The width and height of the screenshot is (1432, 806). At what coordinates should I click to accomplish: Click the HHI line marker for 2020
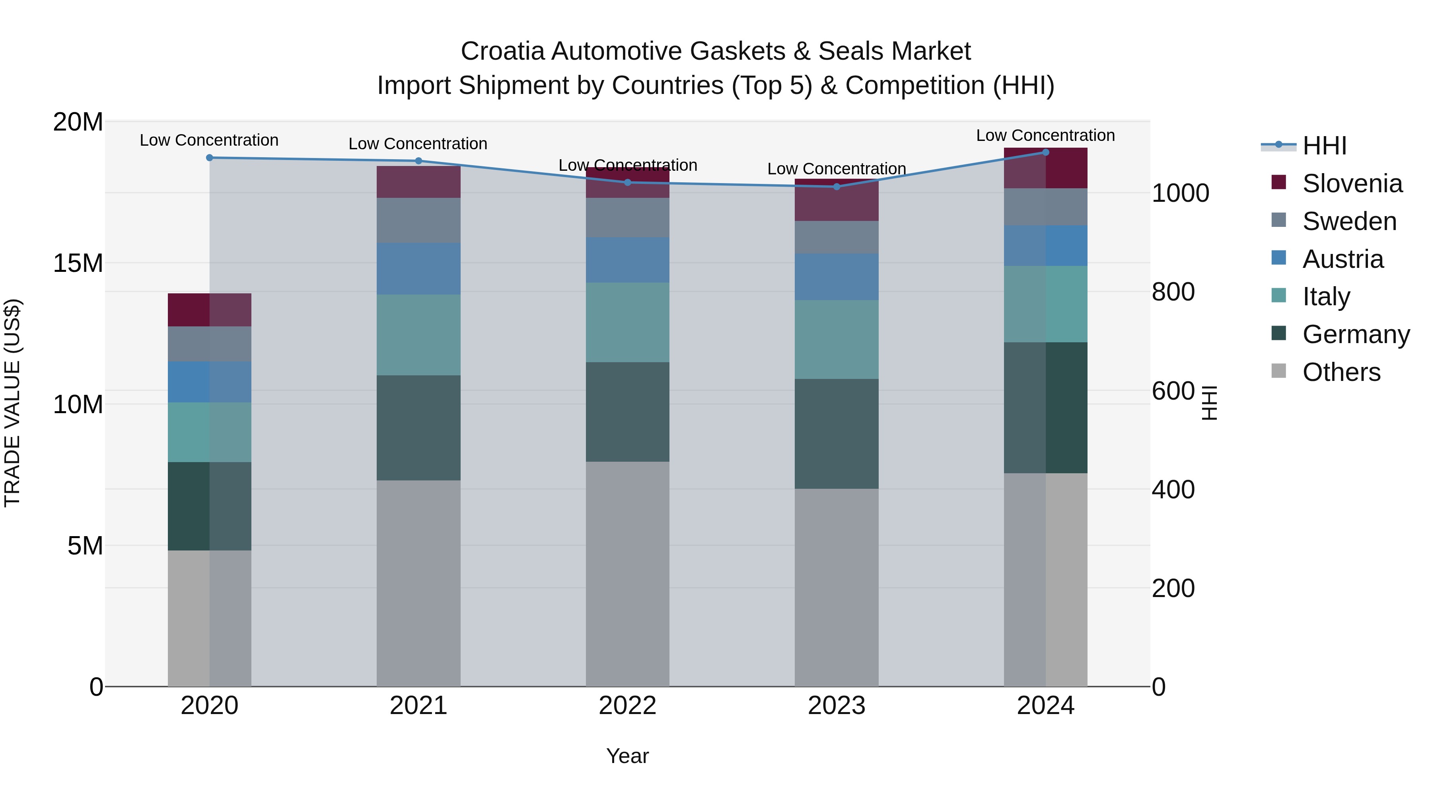click(210, 158)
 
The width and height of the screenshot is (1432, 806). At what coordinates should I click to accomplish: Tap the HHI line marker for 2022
click(628, 182)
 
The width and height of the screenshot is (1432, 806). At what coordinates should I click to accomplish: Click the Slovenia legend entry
click(1352, 183)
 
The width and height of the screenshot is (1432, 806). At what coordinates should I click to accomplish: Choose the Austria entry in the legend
click(1342, 259)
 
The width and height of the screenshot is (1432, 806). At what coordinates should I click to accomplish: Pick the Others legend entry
click(1341, 372)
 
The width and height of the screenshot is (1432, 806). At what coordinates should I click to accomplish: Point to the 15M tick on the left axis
click(78, 263)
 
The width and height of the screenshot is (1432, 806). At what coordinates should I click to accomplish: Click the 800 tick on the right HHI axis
click(1173, 292)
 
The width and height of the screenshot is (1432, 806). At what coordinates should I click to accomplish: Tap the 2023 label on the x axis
click(836, 706)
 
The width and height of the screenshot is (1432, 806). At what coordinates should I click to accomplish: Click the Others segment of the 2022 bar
click(628, 573)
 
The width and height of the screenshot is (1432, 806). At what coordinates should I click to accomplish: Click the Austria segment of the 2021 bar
click(418, 269)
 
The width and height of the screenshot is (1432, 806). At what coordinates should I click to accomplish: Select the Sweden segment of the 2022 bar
click(628, 217)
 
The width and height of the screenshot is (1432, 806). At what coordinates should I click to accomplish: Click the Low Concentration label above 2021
click(418, 144)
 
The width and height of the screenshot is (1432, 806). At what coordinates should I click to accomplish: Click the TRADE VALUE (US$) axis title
click(12, 403)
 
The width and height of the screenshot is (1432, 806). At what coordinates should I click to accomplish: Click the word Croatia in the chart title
click(502, 52)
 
